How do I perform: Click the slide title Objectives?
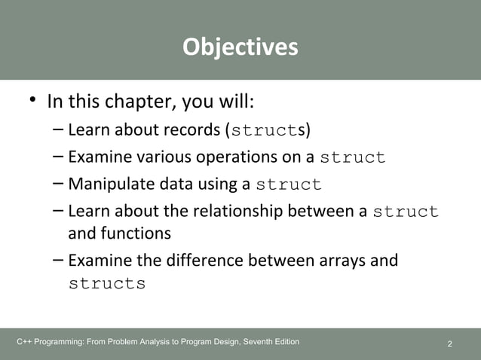coord(240,47)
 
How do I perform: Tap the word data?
coord(170,185)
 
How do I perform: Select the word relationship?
coord(237,212)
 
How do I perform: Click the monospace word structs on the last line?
coord(107,285)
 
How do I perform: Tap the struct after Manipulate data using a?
coord(289,185)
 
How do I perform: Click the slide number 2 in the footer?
coord(450,344)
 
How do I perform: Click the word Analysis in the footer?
coord(155,343)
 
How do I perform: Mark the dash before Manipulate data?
coord(58,184)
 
